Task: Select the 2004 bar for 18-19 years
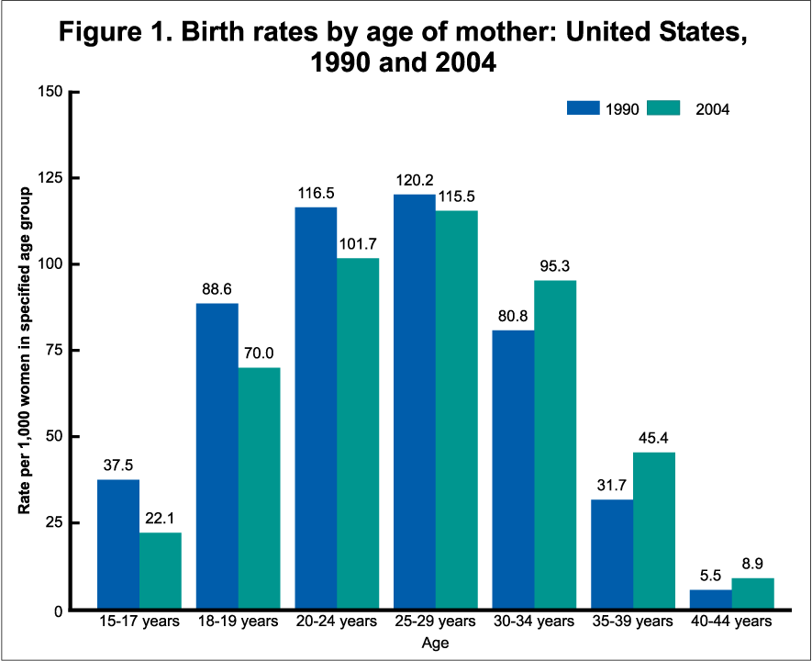tap(259, 487)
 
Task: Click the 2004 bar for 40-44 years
tap(752, 593)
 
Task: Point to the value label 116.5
tap(316, 194)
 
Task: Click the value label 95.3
tap(555, 267)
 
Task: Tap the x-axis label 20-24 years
tap(336, 622)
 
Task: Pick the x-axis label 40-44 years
tap(731, 622)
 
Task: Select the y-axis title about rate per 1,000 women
tap(27, 351)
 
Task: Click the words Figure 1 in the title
tap(120, 34)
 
